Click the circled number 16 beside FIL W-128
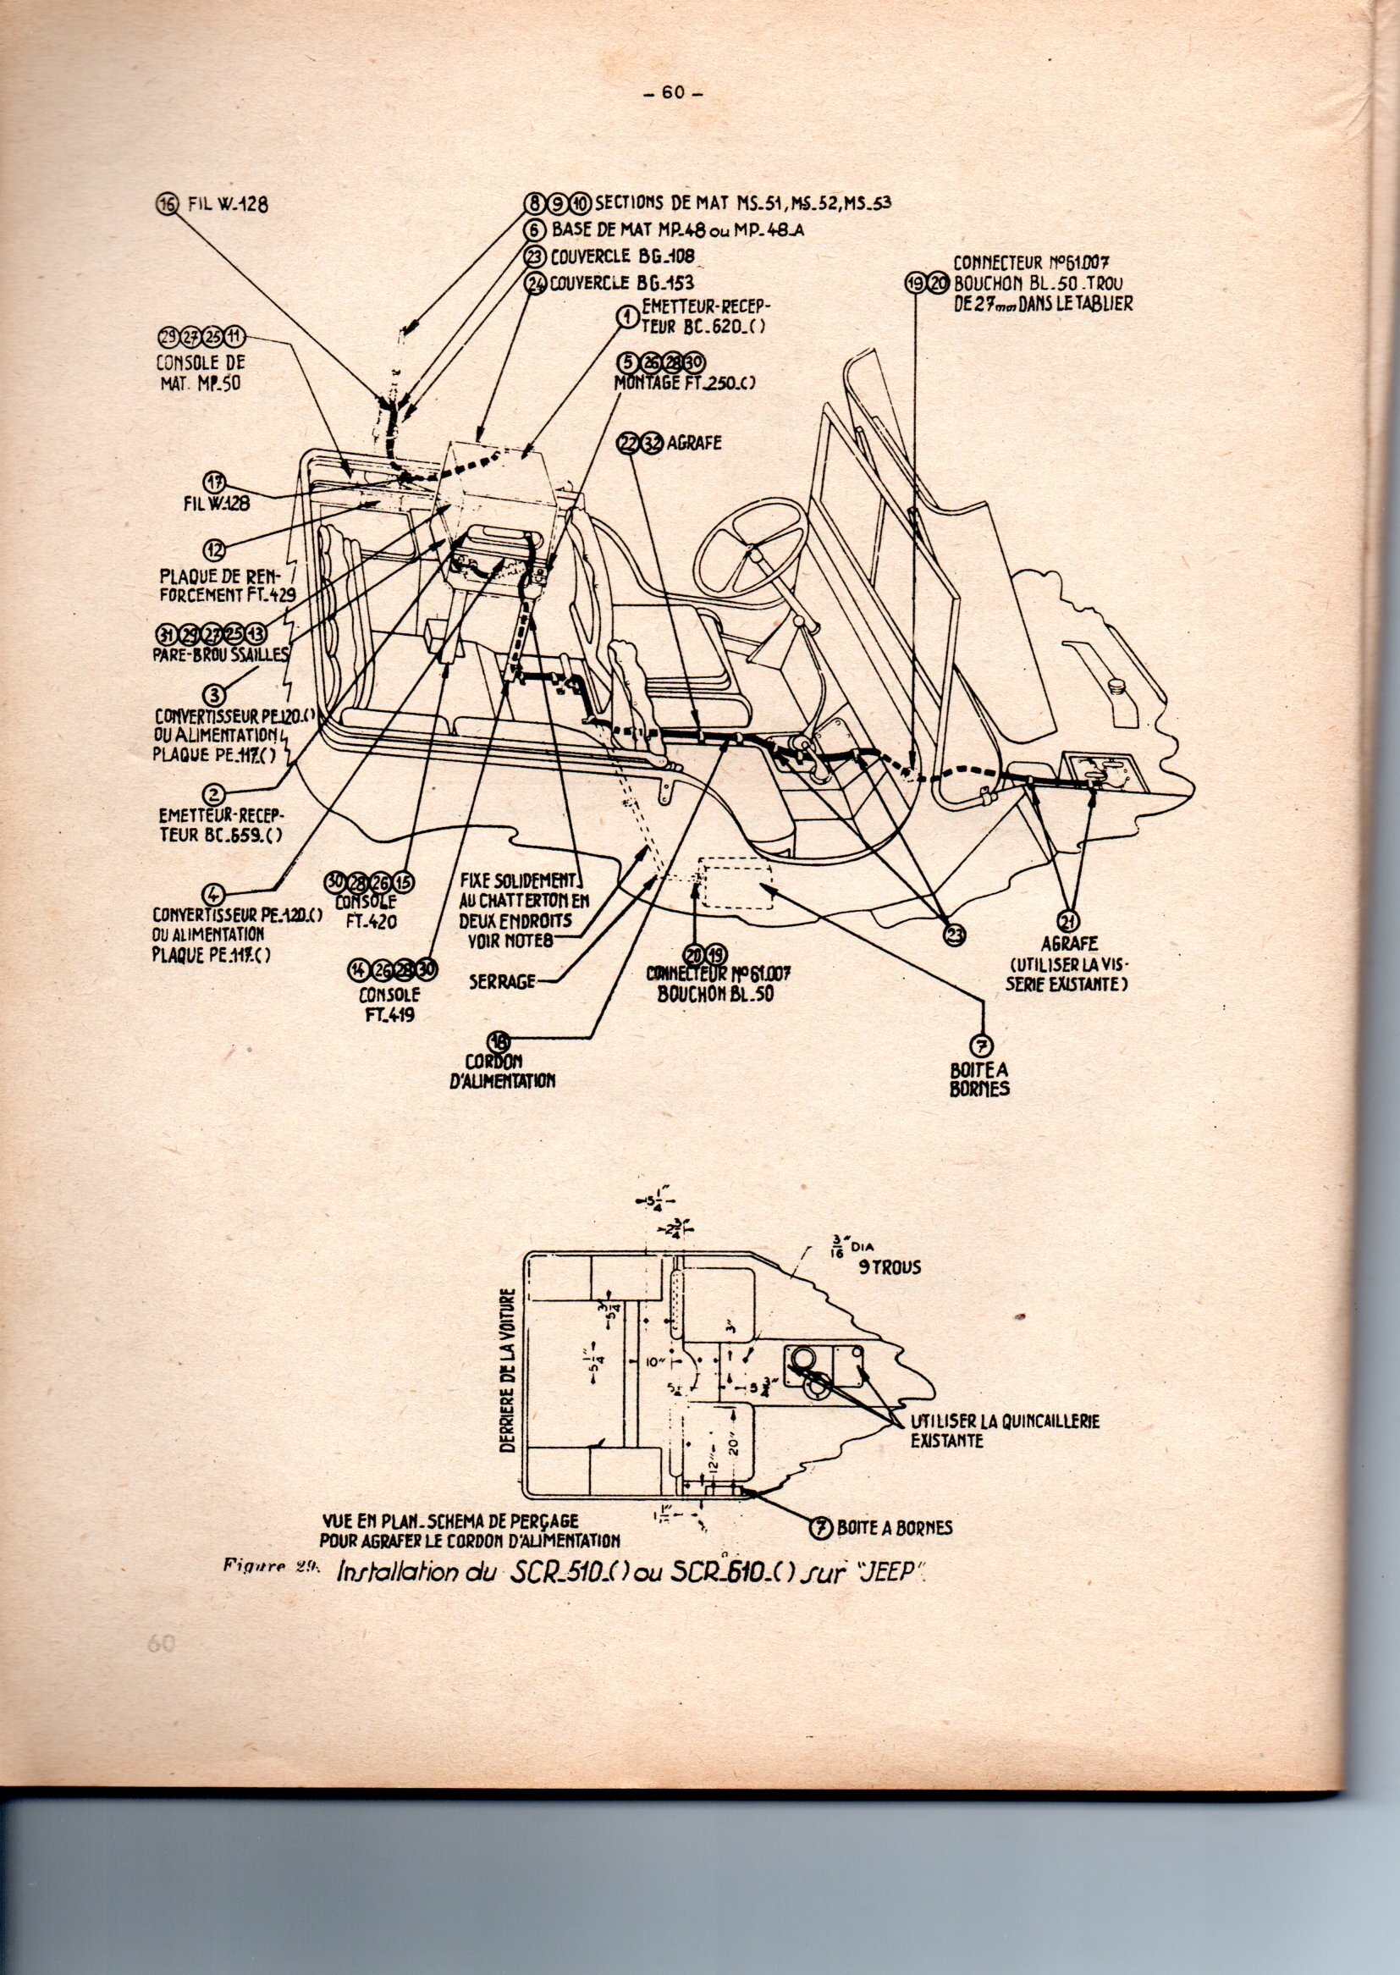[167, 203]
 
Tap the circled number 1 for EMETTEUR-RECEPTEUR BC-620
[621, 317]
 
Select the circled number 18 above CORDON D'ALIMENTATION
[499, 1040]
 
